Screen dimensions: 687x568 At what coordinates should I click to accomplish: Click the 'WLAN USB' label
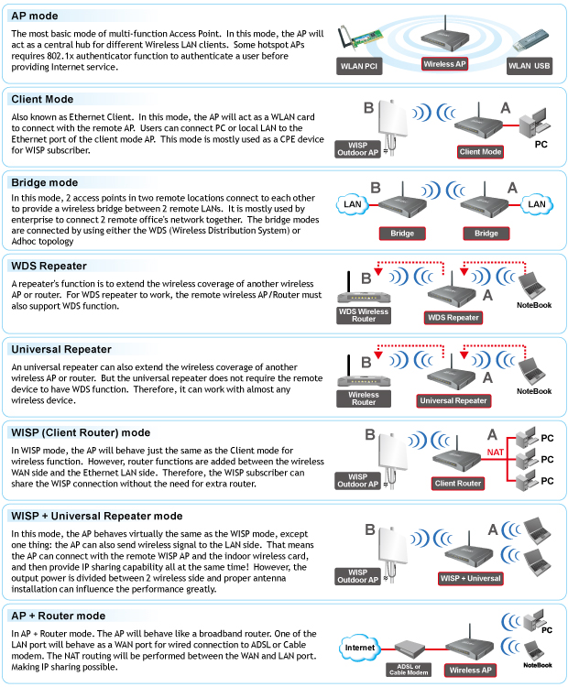click(x=530, y=66)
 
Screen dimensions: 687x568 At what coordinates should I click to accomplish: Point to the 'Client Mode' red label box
click(x=481, y=151)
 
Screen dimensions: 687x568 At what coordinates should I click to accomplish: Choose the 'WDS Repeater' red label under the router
click(x=453, y=317)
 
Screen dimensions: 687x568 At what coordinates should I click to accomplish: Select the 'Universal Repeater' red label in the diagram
click(x=453, y=400)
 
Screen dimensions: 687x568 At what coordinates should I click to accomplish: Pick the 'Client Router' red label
click(x=458, y=483)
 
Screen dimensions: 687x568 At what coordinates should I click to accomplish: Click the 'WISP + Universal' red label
click(x=471, y=578)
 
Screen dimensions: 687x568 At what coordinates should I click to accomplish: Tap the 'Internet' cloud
click(x=361, y=648)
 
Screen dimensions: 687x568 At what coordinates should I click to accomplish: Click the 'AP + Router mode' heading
click(x=58, y=616)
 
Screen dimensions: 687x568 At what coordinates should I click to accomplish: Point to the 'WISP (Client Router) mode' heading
click(x=81, y=432)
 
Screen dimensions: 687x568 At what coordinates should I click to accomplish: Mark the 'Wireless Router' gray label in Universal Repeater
click(x=364, y=398)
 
